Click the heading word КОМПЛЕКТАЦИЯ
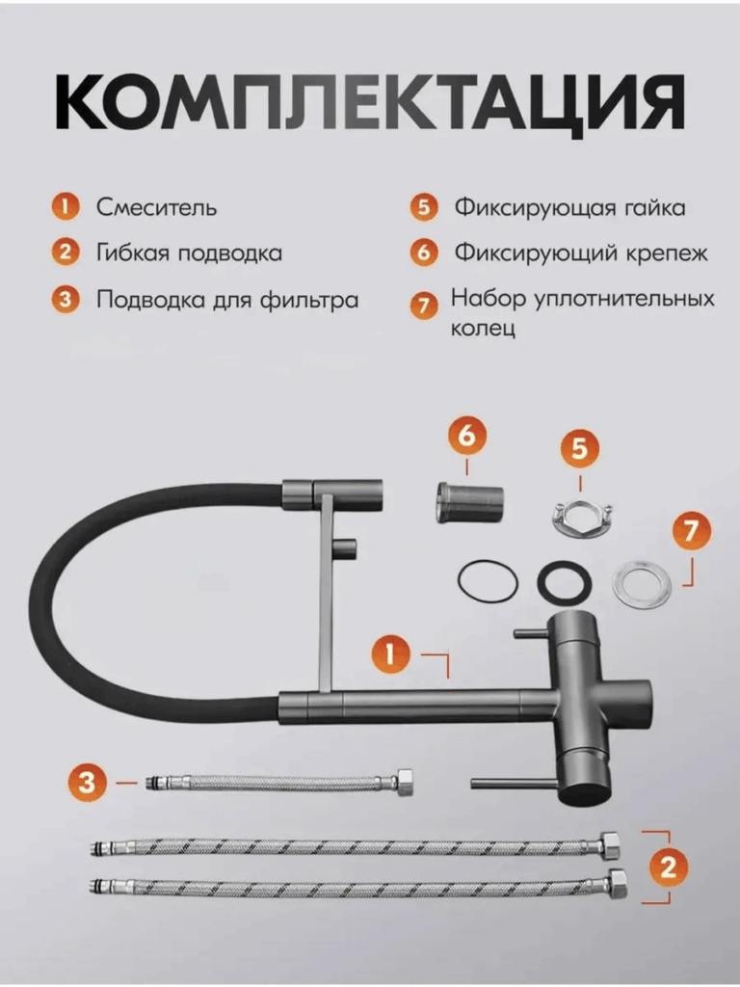click(x=370, y=102)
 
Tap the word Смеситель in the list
click(x=156, y=207)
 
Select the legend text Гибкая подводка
click(x=189, y=253)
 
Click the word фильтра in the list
click(x=309, y=301)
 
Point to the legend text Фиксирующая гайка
click(x=570, y=208)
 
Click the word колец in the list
click(x=484, y=329)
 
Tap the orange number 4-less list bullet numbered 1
click(x=65, y=207)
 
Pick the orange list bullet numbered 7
click(x=424, y=306)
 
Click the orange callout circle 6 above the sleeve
click(x=467, y=437)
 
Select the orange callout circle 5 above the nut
click(x=579, y=449)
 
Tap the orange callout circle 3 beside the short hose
click(x=88, y=783)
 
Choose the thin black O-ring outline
click(x=489, y=581)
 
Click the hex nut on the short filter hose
click(x=403, y=783)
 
